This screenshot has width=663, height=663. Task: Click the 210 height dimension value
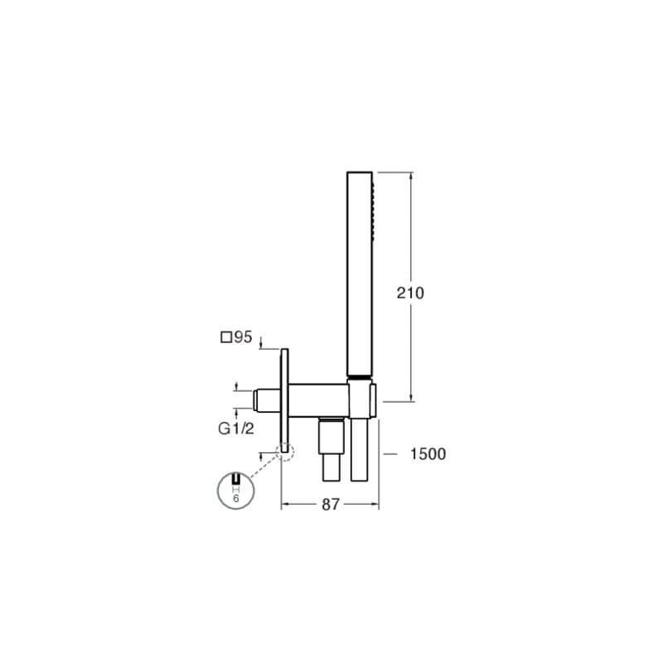(410, 293)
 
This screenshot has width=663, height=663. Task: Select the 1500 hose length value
(428, 454)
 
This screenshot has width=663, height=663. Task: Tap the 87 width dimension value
(331, 505)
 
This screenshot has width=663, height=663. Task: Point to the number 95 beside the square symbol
(243, 337)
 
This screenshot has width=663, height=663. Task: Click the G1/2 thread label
(236, 428)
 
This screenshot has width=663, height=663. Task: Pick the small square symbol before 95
(226, 337)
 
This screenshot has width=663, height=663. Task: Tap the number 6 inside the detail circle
(236, 499)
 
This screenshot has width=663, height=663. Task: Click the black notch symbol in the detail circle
(236, 478)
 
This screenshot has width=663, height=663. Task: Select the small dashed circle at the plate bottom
(284, 452)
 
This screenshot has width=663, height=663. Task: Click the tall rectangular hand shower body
(360, 273)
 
